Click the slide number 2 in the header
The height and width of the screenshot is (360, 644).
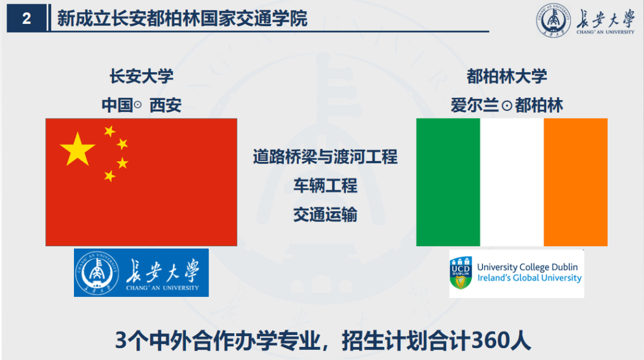click(x=26, y=19)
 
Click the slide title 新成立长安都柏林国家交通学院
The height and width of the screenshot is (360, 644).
click(x=182, y=18)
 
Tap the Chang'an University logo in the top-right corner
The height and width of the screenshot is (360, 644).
click(x=585, y=20)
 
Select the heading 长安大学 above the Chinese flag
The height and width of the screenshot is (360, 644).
click(x=141, y=76)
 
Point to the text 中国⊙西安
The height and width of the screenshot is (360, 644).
click(x=141, y=105)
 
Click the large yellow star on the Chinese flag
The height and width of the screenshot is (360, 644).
click(x=78, y=149)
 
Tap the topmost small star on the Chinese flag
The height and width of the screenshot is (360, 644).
click(x=110, y=131)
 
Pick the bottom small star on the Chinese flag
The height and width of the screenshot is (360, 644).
click(x=110, y=176)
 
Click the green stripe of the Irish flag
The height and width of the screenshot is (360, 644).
click(x=448, y=182)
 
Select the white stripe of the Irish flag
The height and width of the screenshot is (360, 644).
click(x=512, y=182)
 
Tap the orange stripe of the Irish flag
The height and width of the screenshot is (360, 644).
click(x=575, y=182)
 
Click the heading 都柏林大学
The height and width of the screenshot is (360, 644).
click(x=507, y=76)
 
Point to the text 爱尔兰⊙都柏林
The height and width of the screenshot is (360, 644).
click(x=507, y=105)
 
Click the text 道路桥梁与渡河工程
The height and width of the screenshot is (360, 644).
click(x=325, y=157)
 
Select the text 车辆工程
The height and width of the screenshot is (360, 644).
click(x=325, y=186)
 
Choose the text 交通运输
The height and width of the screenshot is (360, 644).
click(x=325, y=215)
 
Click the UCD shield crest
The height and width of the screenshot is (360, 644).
click(x=462, y=274)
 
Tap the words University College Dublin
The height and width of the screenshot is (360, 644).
click(x=527, y=268)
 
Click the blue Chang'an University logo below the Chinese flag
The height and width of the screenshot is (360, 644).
click(x=141, y=272)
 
